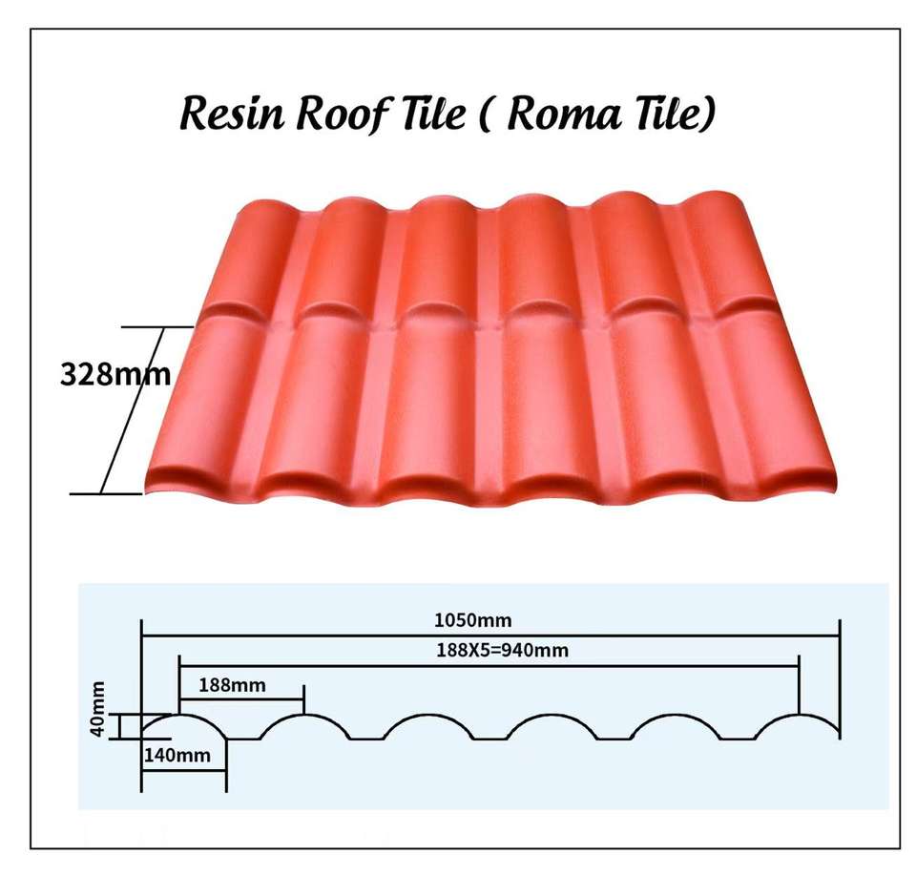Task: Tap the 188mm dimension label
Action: coord(233,684)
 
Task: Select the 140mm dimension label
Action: coord(176,756)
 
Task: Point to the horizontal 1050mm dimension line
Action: coord(490,635)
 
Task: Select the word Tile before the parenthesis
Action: coord(426,115)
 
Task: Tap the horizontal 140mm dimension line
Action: coord(184,771)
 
